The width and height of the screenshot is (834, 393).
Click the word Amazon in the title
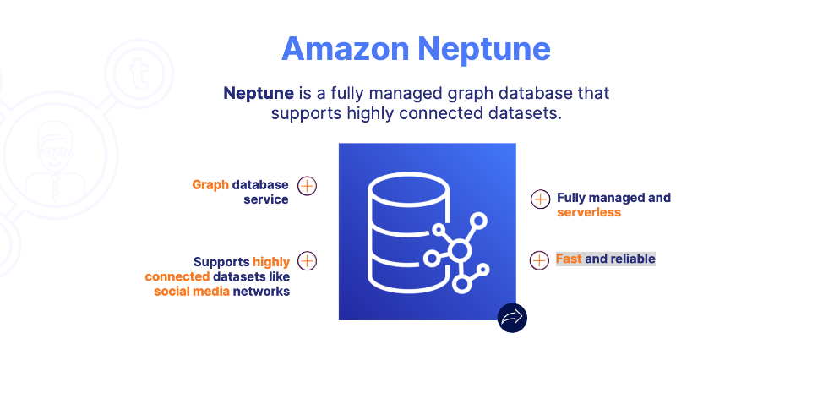click(x=345, y=49)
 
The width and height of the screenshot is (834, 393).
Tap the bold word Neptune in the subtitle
click(x=259, y=93)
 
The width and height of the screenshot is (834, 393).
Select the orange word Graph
click(x=210, y=184)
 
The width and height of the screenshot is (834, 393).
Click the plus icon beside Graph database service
click(x=308, y=186)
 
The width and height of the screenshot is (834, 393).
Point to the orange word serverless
click(x=589, y=212)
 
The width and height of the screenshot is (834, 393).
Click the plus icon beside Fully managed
click(x=540, y=199)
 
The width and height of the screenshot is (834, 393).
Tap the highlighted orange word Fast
click(x=569, y=259)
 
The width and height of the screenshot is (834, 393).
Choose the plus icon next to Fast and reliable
click(x=539, y=260)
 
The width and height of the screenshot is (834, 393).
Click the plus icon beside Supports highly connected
click(x=308, y=261)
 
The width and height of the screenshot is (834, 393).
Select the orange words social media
click(x=192, y=292)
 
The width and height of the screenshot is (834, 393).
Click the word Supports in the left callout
click(x=221, y=262)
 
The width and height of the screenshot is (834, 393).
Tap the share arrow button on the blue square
click(x=511, y=318)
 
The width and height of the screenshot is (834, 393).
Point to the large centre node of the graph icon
click(x=460, y=250)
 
